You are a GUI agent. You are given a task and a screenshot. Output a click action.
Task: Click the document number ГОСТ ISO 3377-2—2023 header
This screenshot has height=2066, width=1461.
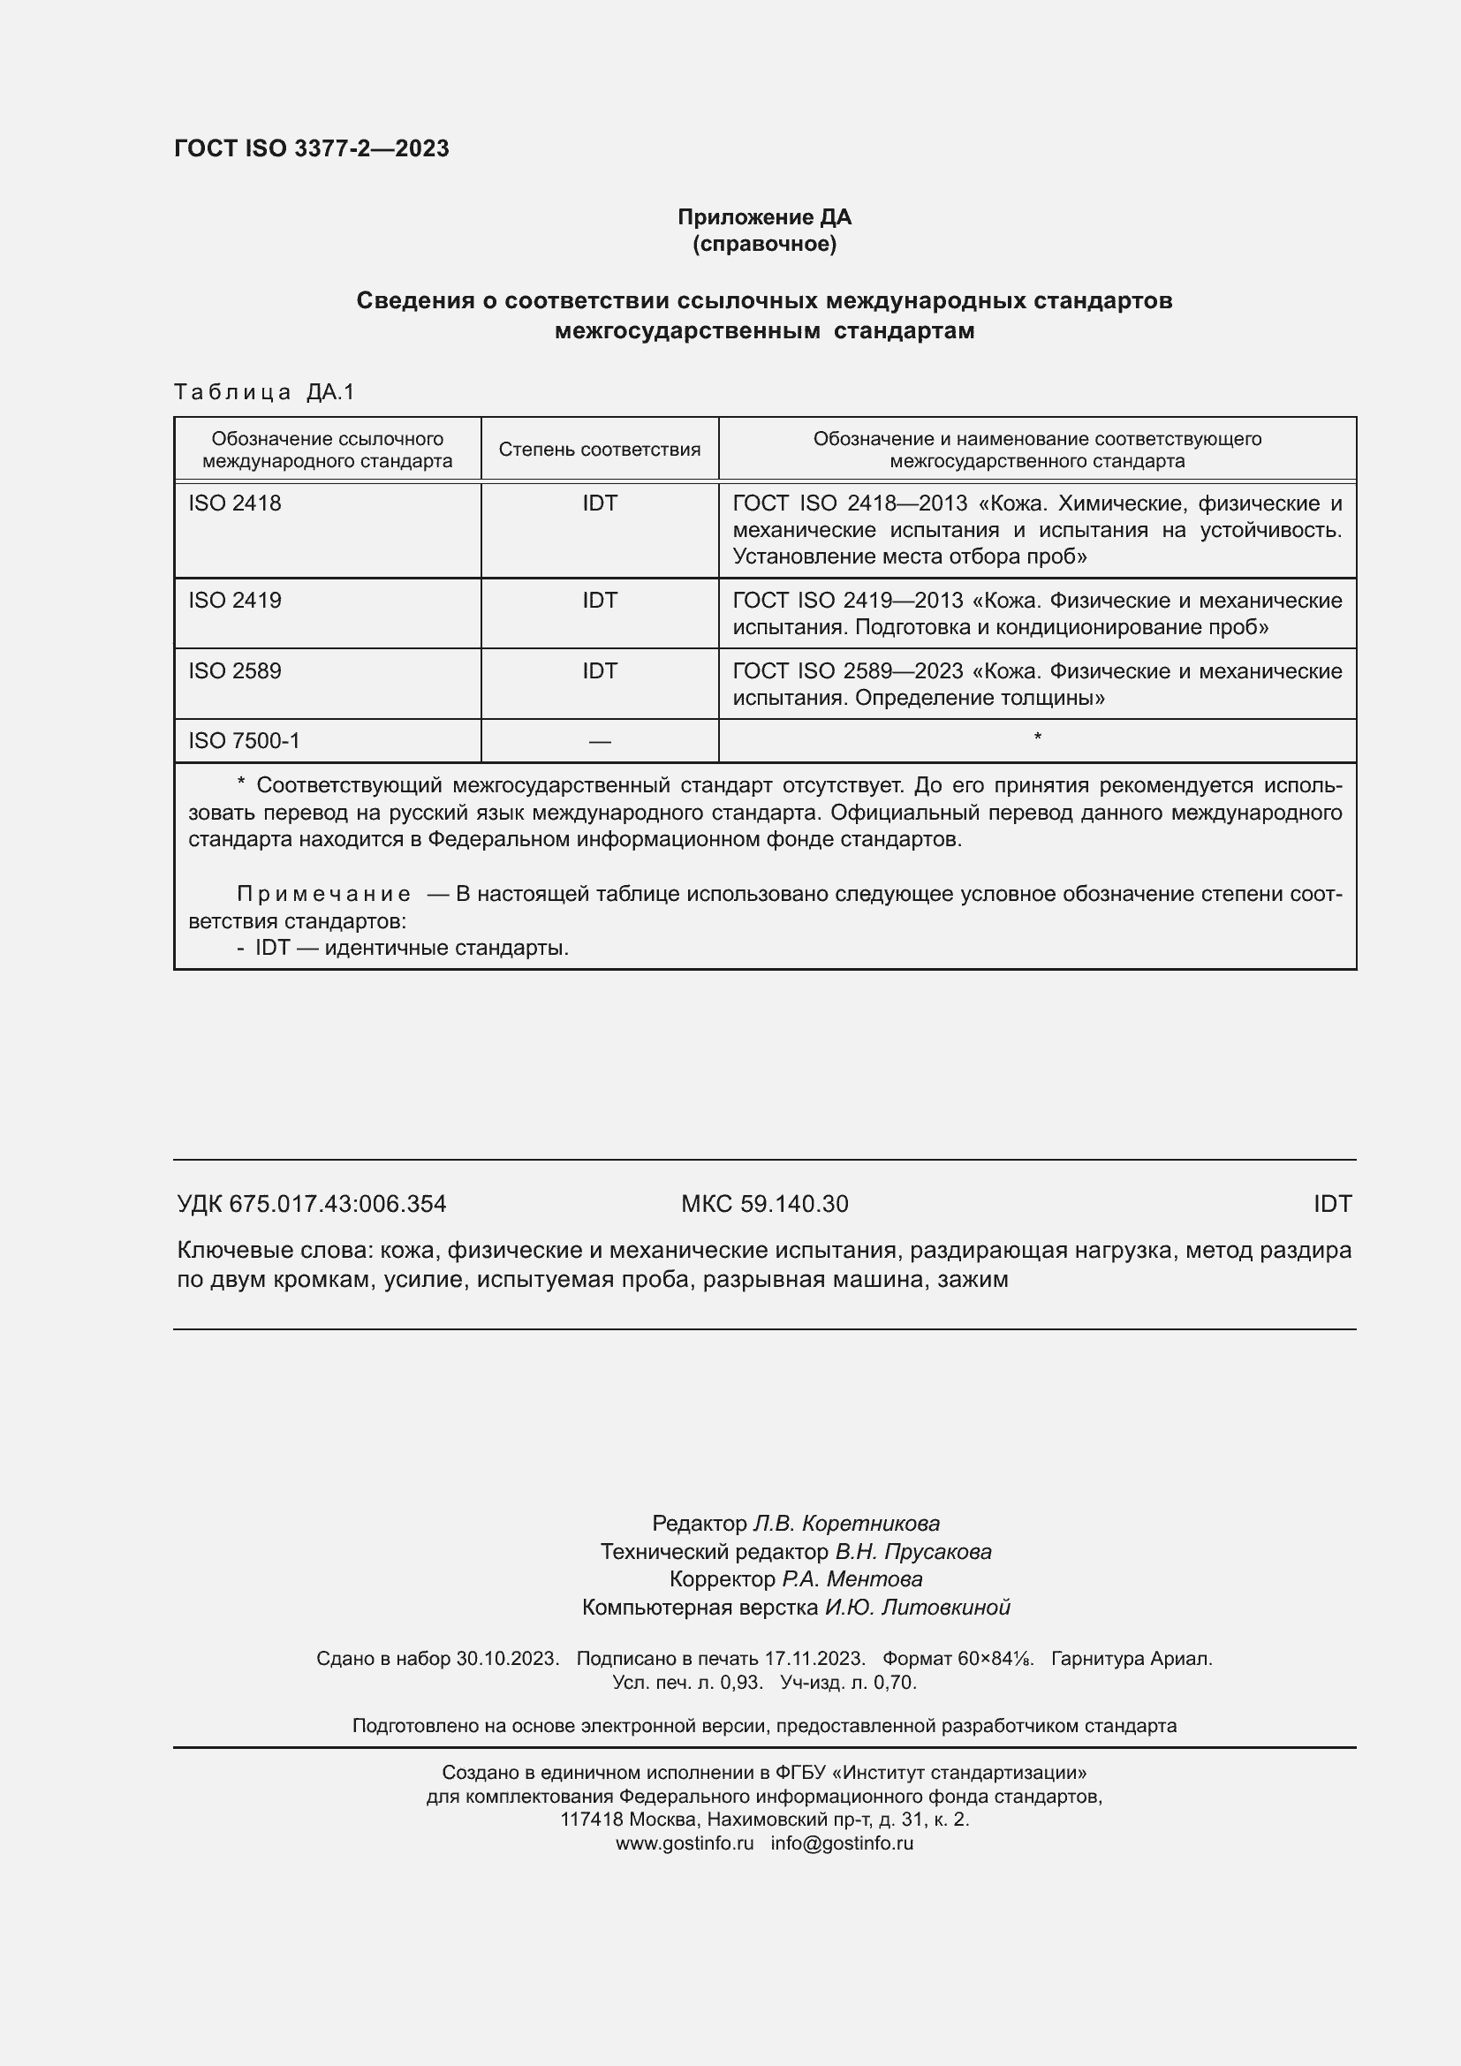coord(311,148)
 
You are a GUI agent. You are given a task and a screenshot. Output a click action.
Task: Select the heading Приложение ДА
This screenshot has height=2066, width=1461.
coord(764,217)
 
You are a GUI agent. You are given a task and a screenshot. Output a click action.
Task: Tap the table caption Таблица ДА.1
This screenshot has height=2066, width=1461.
coord(264,391)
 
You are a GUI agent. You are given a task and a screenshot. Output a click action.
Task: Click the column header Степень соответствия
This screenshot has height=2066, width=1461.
coord(599,449)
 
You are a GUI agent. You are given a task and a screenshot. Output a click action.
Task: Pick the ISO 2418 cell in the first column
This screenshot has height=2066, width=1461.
coord(235,503)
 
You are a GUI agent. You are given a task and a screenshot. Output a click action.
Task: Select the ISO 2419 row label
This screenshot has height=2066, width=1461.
coord(235,600)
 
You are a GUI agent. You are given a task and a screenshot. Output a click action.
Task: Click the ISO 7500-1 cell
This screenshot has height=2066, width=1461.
coord(244,740)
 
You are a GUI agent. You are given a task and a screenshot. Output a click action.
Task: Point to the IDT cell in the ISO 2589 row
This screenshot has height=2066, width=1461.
coord(599,671)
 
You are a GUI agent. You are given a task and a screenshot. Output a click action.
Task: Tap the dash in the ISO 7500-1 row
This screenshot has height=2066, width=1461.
coord(599,741)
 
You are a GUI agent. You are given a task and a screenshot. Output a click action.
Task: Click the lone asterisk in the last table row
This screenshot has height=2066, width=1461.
coord(1037,738)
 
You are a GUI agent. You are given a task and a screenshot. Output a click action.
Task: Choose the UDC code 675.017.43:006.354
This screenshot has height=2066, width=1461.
coord(337,1204)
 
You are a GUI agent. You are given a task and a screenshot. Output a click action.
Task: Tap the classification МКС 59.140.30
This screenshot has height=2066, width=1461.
coord(764,1204)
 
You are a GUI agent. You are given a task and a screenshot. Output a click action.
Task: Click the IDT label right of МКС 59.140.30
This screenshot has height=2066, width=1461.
coord(1331,1204)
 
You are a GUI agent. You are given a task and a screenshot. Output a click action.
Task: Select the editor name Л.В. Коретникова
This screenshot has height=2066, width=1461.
coord(845,1524)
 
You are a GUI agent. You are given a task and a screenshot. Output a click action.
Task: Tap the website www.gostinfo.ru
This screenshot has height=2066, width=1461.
coord(684,1843)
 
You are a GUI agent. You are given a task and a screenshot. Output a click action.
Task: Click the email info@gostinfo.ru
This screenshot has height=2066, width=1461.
coord(841,1843)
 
